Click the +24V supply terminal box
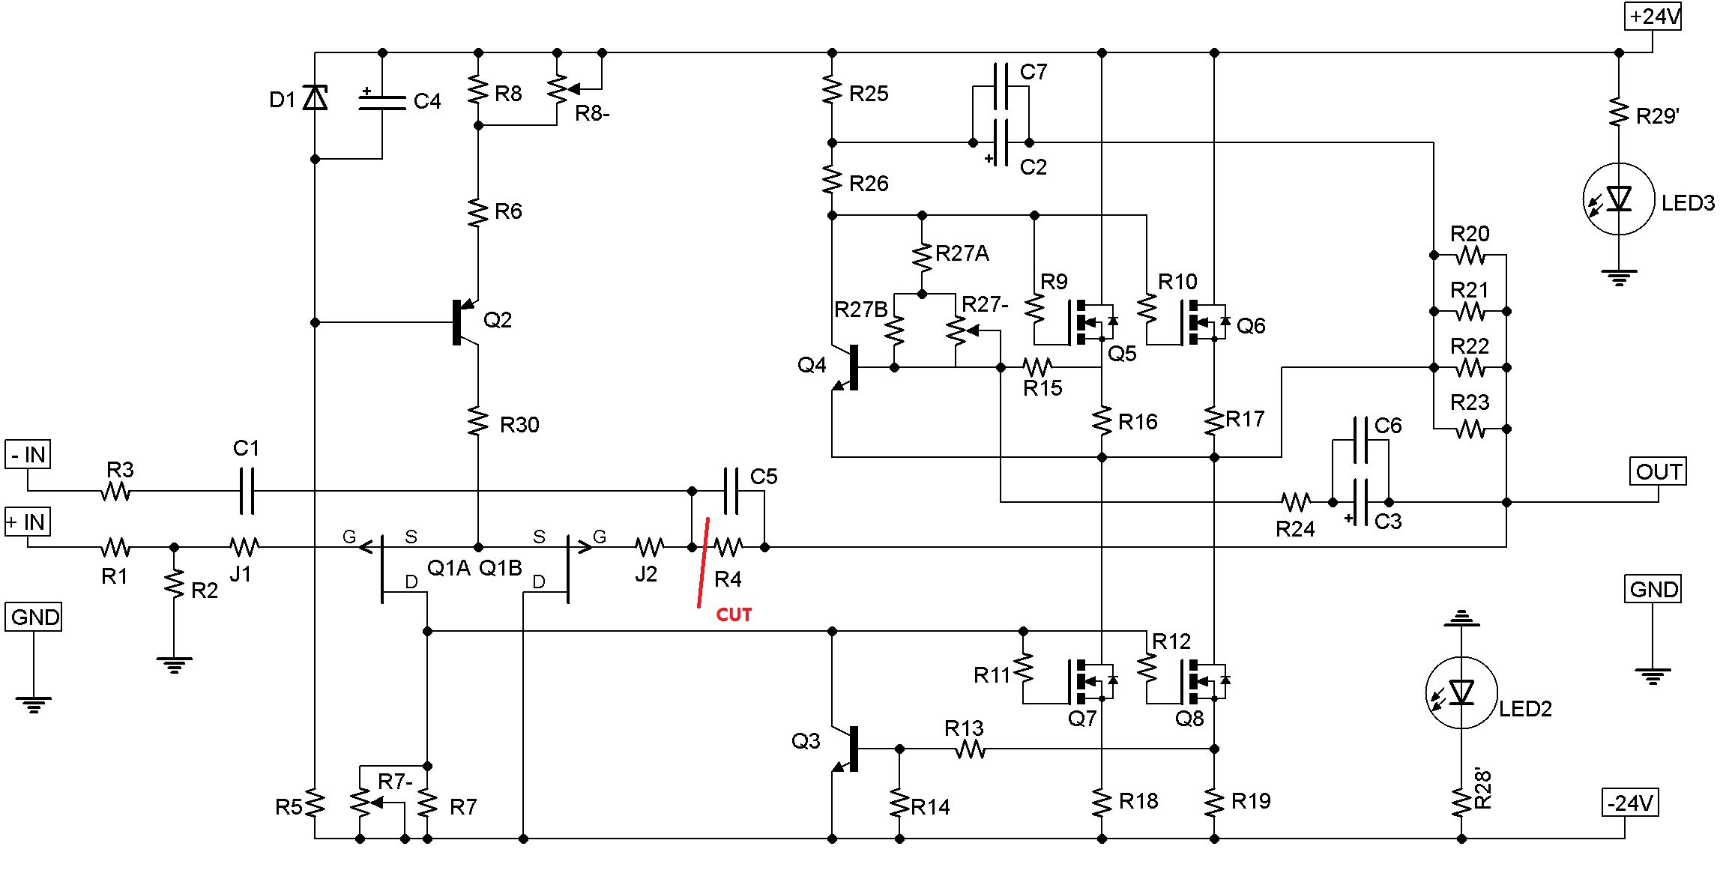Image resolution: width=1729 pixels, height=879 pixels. (x=1653, y=16)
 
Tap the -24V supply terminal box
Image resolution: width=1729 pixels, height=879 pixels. (x=1630, y=803)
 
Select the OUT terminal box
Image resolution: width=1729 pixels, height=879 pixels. (x=1658, y=471)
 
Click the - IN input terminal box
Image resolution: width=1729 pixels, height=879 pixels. (x=28, y=454)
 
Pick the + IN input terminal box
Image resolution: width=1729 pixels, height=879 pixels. (x=28, y=522)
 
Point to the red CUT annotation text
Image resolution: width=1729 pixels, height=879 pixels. (x=734, y=615)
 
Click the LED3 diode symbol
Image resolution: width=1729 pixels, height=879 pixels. (x=1619, y=199)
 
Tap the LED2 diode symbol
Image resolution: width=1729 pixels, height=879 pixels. (x=1461, y=692)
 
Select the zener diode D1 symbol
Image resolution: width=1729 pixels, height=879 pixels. (x=316, y=97)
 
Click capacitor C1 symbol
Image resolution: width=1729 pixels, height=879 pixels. (x=247, y=491)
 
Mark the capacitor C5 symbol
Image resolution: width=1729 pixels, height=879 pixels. (x=731, y=491)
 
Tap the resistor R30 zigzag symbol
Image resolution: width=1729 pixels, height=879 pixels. (x=478, y=420)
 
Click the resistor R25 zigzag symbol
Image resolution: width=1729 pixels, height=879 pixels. (x=832, y=89)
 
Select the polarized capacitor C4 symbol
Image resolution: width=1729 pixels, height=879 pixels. (x=382, y=100)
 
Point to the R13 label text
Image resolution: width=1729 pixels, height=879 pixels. (x=964, y=728)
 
